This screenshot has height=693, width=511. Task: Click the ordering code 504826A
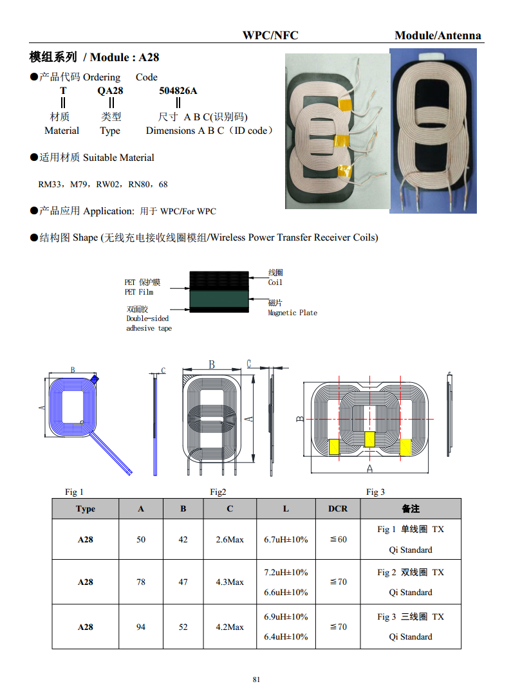click(x=178, y=91)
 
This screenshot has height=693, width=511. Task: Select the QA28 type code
click(x=110, y=91)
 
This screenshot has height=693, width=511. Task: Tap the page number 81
click(x=256, y=679)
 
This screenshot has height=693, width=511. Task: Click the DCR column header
click(x=338, y=509)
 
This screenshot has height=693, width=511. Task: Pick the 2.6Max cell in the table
click(x=230, y=540)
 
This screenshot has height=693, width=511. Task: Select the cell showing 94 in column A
click(x=140, y=627)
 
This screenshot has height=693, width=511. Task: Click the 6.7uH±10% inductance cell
click(x=286, y=540)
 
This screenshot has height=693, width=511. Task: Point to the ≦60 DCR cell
click(x=339, y=540)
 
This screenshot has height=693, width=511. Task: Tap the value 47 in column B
click(x=183, y=582)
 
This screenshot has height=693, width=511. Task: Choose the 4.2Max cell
click(x=230, y=627)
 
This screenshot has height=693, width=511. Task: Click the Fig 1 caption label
click(x=74, y=492)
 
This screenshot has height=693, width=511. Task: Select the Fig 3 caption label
click(x=375, y=492)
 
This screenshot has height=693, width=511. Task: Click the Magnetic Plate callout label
click(x=293, y=313)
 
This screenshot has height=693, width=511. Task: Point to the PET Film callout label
click(x=139, y=292)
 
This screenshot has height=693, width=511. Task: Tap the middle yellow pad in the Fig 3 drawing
click(x=369, y=439)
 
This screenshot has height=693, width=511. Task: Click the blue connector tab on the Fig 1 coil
click(x=94, y=379)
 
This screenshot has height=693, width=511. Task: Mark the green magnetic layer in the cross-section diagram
click(x=219, y=299)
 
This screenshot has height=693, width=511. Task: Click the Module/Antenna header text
click(x=438, y=35)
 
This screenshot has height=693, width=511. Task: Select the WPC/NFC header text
click(x=270, y=35)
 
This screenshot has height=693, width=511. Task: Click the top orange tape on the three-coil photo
click(x=345, y=105)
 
